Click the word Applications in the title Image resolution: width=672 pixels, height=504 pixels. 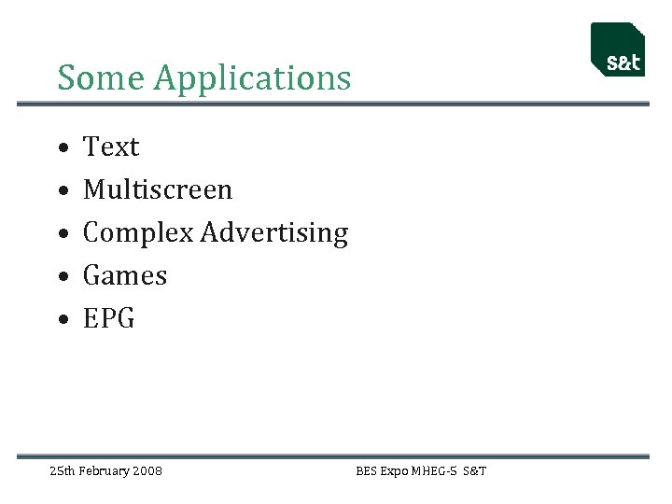(252, 79)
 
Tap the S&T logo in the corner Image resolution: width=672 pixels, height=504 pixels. (618, 49)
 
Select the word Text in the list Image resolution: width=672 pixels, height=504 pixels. (111, 147)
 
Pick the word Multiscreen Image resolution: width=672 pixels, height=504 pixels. (158, 190)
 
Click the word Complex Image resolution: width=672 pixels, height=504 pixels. (138, 233)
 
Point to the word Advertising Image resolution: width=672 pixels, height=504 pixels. (274, 233)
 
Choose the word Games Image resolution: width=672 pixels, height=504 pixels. (125, 276)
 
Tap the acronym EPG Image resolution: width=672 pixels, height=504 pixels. (109, 319)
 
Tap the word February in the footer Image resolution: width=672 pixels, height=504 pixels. (104, 471)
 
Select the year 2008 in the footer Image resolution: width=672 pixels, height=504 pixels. (147, 471)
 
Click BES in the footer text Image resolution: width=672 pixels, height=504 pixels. (366, 471)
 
